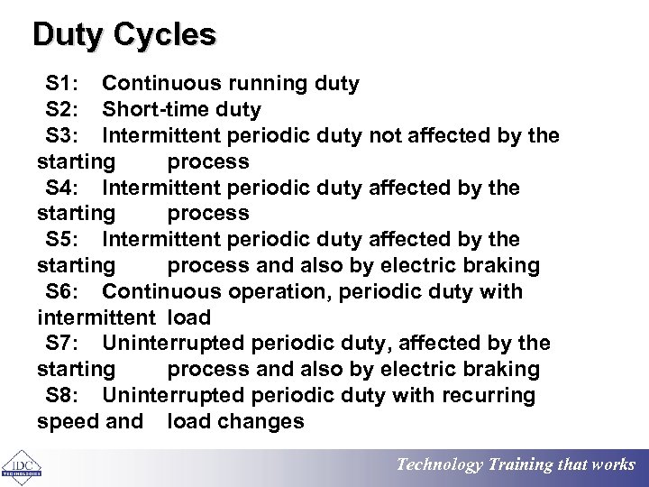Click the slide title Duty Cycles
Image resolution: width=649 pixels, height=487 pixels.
[x=124, y=34]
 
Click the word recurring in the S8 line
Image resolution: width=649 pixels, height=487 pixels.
[x=493, y=395]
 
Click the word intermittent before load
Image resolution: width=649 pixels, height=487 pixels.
[x=96, y=317]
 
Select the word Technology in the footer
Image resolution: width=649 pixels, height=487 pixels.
[x=439, y=465]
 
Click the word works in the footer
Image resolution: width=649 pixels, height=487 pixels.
[x=613, y=465]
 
